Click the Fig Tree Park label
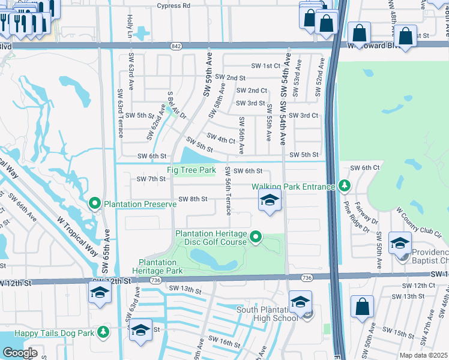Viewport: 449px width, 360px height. [191, 170]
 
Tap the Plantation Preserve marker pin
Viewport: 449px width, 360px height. [95, 204]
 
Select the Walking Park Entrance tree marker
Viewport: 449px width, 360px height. [344, 187]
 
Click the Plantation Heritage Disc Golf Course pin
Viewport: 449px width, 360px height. [256, 238]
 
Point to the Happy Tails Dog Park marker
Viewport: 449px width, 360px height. [103, 331]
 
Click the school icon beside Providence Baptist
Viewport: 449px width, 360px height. [400, 244]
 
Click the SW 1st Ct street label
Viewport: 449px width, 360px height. [265, 65]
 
